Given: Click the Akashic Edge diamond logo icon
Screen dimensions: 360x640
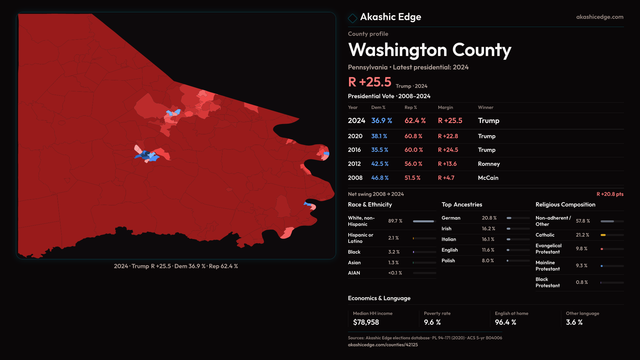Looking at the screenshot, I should click(352, 18).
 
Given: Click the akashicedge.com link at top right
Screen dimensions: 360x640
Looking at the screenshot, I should click(599, 17).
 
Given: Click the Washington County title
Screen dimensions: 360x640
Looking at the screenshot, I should click(429, 50).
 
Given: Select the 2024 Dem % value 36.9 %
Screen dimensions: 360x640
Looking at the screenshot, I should click(381, 121).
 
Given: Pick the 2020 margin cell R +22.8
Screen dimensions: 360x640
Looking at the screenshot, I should click(448, 136).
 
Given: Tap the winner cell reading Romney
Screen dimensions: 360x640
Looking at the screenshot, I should click(489, 164).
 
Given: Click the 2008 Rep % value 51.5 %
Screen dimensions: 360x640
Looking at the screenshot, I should click(412, 178).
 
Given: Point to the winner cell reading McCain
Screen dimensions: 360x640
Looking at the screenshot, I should click(488, 178).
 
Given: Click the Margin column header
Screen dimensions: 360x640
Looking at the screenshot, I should click(445, 107).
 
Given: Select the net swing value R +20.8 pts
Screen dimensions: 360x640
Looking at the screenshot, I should click(610, 194).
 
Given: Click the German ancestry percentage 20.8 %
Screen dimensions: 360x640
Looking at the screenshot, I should click(489, 218).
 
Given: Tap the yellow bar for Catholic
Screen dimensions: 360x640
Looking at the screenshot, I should click(603, 235).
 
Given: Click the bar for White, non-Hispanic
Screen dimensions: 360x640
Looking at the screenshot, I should click(423, 221).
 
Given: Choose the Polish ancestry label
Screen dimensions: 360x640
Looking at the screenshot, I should click(448, 261).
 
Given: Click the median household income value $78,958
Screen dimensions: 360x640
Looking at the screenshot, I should click(366, 322).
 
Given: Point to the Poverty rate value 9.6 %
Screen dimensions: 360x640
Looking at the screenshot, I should click(432, 322).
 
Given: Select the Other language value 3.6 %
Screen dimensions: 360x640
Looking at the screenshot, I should click(574, 322).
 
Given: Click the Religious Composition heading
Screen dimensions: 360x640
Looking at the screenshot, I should click(565, 205).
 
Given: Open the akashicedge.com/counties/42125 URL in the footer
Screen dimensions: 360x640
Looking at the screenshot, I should click(383, 345).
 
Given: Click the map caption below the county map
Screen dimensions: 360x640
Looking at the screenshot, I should click(176, 266).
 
